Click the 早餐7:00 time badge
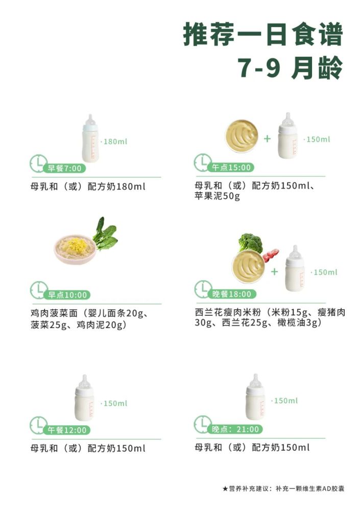(64, 168)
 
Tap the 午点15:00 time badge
(231, 168)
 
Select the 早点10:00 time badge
(67, 295)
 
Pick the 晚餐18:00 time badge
(232, 294)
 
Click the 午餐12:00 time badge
(67, 430)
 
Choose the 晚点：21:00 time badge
(235, 429)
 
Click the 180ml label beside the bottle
(115, 142)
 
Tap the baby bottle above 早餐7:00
(90, 138)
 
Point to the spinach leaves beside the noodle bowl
(105, 233)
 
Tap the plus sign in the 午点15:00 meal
(267, 139)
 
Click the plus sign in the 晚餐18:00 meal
(275, 271)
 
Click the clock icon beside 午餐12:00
(38, 425)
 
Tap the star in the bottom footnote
(225, 489)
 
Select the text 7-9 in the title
(259, 67)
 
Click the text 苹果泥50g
(218, 196)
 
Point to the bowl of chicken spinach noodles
(75, 250)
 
